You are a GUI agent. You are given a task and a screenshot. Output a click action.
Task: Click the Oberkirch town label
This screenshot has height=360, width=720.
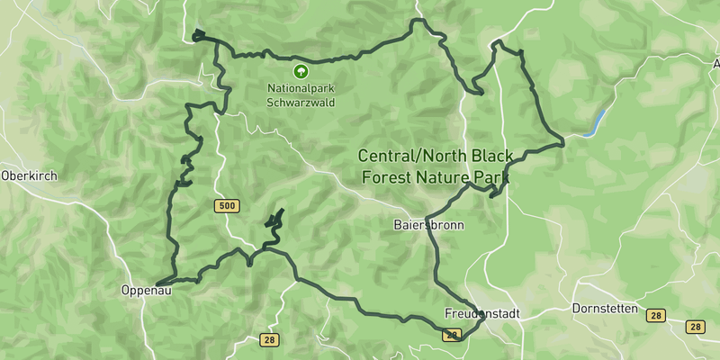pos(29,176)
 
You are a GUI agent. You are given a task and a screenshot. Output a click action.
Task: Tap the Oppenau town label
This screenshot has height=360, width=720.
pos(146,291)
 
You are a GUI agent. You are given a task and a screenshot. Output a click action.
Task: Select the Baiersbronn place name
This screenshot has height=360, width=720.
pos(428,225)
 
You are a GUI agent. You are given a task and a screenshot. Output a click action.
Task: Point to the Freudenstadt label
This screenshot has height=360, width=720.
pos(482,314)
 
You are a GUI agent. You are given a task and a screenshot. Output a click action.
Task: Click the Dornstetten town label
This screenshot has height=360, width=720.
pos(605,309)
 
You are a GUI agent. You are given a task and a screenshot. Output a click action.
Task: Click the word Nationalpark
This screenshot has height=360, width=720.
pos(299,88)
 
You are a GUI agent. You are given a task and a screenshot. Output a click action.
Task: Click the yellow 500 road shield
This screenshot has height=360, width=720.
pos(227,207)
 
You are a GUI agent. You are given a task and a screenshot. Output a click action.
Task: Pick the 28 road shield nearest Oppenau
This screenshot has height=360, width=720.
pos(268,340)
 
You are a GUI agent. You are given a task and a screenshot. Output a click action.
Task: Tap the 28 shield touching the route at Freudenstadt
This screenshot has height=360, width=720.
pos(452,335)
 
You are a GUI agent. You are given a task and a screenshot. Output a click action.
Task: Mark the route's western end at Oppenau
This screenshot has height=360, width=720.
pos(157,284)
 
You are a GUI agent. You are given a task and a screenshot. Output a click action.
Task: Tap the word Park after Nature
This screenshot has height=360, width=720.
pos(492,177)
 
